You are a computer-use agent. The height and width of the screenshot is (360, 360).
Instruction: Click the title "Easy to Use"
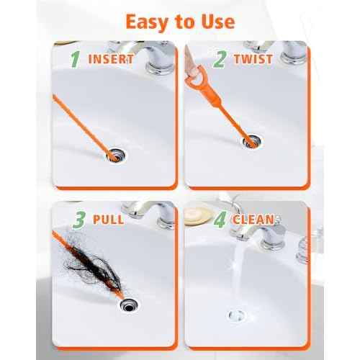click(x=180, y=21)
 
